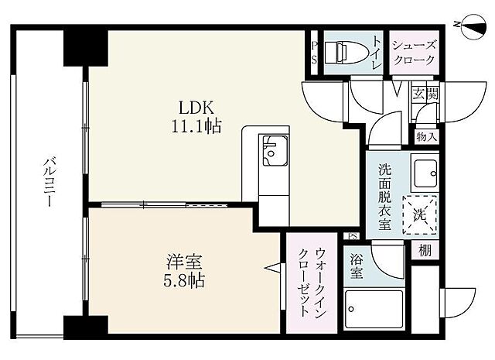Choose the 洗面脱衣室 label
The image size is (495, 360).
(x=384, y=197)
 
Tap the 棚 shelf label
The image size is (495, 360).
(x=425, y=250)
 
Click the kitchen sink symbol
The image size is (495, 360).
(x=274, y=150)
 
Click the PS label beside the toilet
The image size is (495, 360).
(x=314, y=53)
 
